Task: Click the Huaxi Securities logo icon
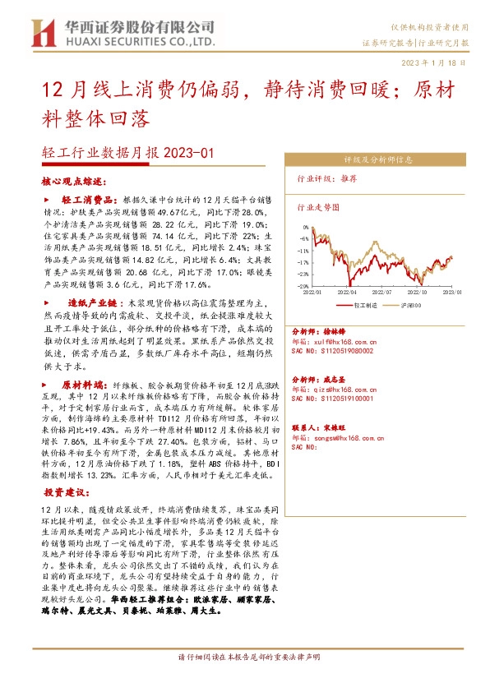42,32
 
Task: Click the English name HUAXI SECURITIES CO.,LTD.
134,40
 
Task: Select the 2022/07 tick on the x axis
382,291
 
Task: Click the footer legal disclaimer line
244,680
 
